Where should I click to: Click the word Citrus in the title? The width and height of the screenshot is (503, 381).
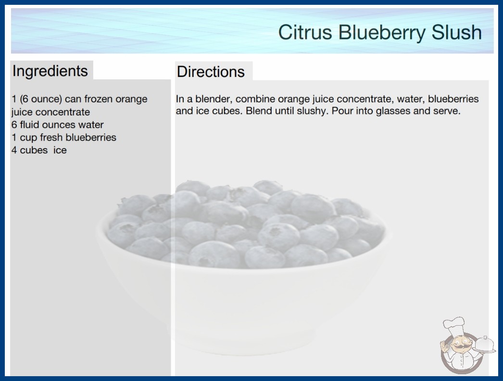[305, 32]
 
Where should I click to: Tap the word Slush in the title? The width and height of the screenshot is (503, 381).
[456, 32]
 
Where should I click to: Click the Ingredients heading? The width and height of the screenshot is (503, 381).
[50, 71]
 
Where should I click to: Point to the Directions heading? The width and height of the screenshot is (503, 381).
[211, 72]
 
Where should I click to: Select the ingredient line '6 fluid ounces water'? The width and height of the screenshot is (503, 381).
[58, 125]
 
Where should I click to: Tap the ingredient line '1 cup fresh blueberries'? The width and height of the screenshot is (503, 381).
[64, 138]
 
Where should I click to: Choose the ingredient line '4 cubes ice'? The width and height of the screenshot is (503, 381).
[39, 150]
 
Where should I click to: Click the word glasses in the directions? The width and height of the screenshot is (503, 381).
[393, 111]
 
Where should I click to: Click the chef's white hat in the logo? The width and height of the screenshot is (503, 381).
[454, 325]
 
